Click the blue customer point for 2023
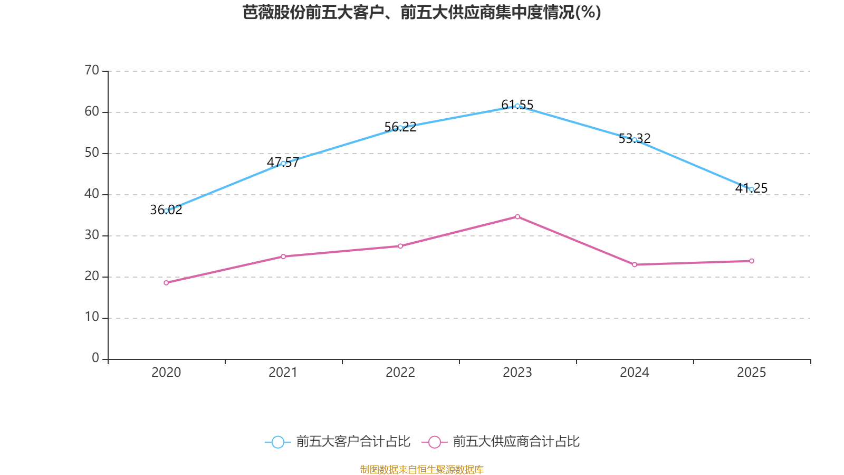tap(517, 106)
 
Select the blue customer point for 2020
tap(166, 211)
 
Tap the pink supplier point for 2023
tap(517, 216)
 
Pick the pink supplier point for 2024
tap(635, 264)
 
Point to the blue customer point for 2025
tap(752, 189)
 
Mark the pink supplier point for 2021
tap(283, 256)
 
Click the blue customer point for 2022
tap(400, 128)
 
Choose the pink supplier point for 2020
tap(166, 283)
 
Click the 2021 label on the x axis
tap(283, 373)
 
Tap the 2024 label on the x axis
tap(635, 373)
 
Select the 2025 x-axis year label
tap(752, 373)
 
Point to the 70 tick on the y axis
tap(92, 70)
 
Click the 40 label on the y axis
tap(92, 194)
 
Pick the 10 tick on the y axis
tap(92, 317)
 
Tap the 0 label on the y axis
tap(95, 358)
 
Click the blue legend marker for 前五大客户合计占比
tap(277, 442)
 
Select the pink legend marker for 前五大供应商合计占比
tap(434, 442)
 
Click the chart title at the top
tap(422, 12)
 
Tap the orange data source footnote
tap(422, 469)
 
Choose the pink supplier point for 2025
tap(752, 261)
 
